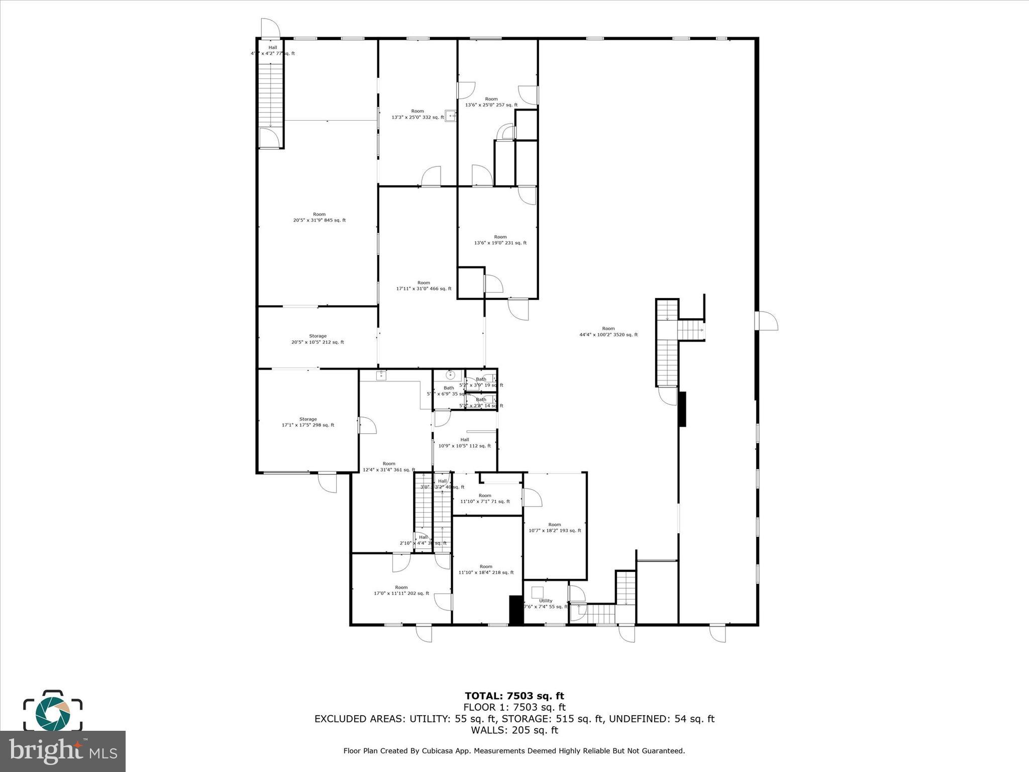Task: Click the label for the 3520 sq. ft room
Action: pos(608,332)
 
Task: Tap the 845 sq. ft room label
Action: pos(319,217)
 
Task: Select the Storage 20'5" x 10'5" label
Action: pos(318,339)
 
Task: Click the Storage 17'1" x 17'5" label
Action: pos(308,422)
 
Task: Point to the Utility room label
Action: pos(546,604)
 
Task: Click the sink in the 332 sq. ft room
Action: pos(451,116)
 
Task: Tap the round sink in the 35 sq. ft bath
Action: pos(451,374)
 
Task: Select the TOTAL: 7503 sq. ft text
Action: pos(514,696)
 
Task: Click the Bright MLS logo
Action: pos(63,750)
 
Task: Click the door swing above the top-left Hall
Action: pos(270,28)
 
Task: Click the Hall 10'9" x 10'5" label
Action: pos(464,443)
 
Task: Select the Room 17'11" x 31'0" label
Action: pos(424,285)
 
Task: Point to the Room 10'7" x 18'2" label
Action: pos(555,527)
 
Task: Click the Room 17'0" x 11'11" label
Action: pos(401,590)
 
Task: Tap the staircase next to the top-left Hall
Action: pos(271,95)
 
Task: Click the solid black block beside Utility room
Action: pos(516,610)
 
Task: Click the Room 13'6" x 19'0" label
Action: pos(500,240)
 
